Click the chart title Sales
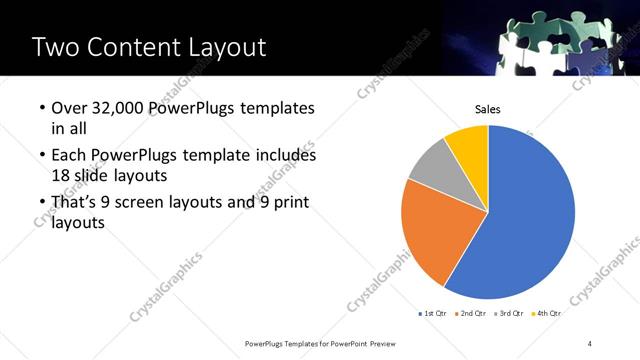[487, 110]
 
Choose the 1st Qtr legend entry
[432, 313]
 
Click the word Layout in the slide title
[225, 47]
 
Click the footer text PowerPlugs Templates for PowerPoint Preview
[316, 344]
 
